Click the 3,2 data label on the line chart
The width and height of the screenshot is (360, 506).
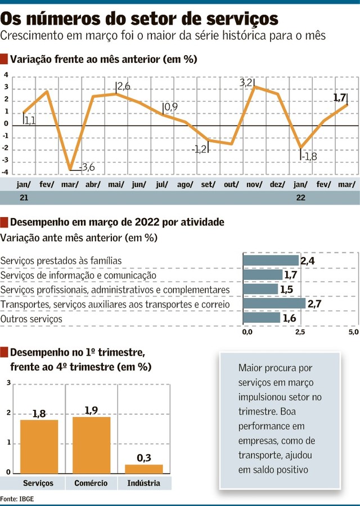tap(246, 83)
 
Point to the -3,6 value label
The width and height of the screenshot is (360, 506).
tap(87, 167)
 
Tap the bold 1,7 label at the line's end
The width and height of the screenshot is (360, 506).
tap(340, 97)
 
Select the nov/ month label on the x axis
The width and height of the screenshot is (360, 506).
tap(254, 184)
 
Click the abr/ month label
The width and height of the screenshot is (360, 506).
tap(93, 184)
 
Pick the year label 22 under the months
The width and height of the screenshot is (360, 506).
tap(300, 198)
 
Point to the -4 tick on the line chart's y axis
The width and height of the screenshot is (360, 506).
tap(6, 173)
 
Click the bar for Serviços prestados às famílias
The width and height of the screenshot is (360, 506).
tap(271, 260)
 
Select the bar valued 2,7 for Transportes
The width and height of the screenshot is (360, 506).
tap(274, 304)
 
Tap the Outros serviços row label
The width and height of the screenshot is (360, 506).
tap(31, 319)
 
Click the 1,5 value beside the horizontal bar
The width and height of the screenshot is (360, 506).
tap(287, 290)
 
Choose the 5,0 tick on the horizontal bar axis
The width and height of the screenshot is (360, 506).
tap(353, 332)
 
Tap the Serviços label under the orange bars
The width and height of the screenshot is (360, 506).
tap(38, 484)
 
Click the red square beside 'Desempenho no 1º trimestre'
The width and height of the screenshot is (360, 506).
tap(4, 353)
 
